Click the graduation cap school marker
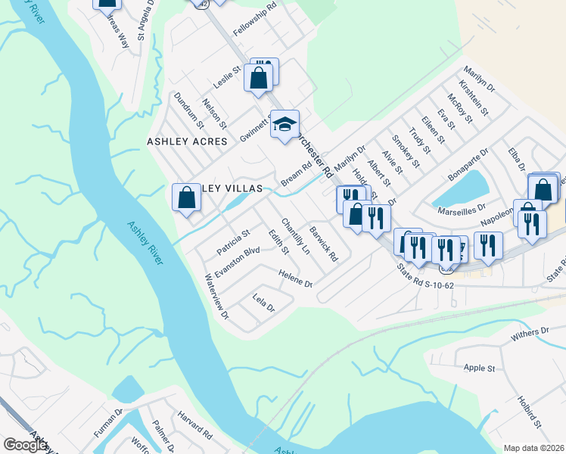coord(285,125)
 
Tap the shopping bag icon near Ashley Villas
coord(187,198)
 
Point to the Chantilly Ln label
coord(296,236)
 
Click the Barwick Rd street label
coord(323,242)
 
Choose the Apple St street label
coord(478,368)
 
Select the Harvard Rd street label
coord(194,424)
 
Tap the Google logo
coord(25,445)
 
